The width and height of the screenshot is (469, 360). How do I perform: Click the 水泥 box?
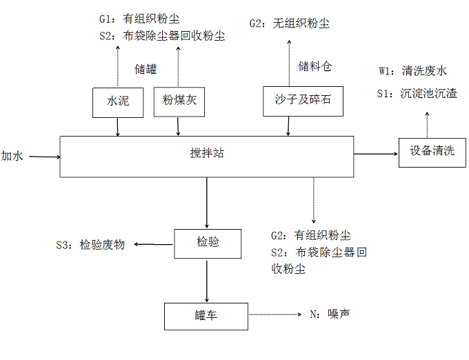[x=118, y=102]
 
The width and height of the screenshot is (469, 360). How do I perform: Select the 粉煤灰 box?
[x=179, y=101]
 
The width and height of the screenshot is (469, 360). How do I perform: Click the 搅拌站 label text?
[x=208, y=153]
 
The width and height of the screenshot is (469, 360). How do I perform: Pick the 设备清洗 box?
[x=432, y=152]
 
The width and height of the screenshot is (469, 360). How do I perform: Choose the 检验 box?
[x=208, y=243]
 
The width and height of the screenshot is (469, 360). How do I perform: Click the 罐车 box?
[x=206, y=316]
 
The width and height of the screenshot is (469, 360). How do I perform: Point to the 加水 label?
[x=12, y=156]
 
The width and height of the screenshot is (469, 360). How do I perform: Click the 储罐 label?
[x=146, y=69]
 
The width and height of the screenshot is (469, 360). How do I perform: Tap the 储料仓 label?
[x=315, y=66]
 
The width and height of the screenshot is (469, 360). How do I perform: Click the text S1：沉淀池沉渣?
[x=417, y=93]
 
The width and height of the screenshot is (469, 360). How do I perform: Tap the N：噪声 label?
[x=330, y=314]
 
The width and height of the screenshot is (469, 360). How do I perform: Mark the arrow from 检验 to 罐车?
[x=208, y=280]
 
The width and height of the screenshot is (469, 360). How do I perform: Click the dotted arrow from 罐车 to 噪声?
[x=276, y=314]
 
